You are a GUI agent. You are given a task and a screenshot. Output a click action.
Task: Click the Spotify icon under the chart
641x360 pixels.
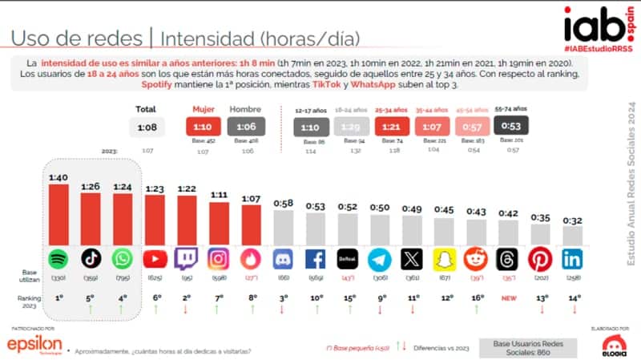pyautogui.click(x=59, y=259)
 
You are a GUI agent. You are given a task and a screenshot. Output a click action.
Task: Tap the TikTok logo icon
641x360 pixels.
pyautogui.click(x=91, y=259)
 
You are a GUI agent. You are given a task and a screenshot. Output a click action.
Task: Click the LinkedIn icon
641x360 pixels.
pyautogui.click(x=573, y=259)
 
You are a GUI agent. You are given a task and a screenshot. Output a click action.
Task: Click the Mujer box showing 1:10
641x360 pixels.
pyautogui.click(x=204, y=125)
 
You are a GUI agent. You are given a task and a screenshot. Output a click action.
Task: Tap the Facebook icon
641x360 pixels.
pyautogui.click(x=316, y=259)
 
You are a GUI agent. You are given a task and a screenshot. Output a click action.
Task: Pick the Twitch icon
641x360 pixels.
pyautogui.click(x=186, y=259)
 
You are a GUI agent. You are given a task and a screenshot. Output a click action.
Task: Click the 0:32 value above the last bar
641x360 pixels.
pyautogui.click(x=573, y=220)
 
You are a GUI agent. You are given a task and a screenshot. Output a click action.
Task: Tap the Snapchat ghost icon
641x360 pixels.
pyautogui.click(x=444, y=259)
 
